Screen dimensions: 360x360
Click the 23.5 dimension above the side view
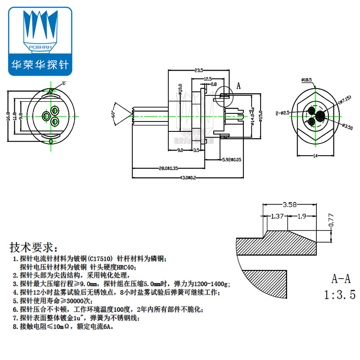tap(198, 71)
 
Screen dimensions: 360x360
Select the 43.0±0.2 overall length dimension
tap(188, 178)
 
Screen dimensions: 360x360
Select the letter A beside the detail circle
tap(238, 85)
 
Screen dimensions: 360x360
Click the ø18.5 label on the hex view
tap(307, 80)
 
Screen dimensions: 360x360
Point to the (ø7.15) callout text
tap(346, 99)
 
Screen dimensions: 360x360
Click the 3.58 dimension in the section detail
tap(289, 205)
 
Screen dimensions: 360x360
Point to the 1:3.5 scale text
tap(340, 295)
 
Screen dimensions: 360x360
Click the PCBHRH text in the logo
tap(40, 46)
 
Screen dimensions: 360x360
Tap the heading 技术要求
tap(33, 247)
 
